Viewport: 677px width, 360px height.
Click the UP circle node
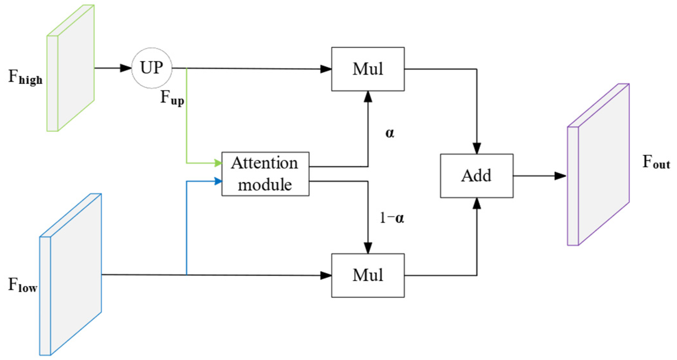[152, 68]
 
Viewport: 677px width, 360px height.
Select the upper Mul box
[368, 69]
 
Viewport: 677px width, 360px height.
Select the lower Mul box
[368, 275]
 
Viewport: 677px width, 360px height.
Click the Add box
[477, 176]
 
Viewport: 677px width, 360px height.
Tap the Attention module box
[265, 174]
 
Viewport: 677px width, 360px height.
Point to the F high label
[25, 77]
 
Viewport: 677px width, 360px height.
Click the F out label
[656, 162]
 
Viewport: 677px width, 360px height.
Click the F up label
[172, 98]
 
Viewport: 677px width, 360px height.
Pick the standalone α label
[389, 133]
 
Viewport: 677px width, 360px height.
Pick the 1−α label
[392, 218]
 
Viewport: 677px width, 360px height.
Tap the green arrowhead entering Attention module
[218, 163]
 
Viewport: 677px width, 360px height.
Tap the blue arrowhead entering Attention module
[218, 181]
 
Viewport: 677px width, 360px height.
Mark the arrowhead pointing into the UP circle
[126, 68]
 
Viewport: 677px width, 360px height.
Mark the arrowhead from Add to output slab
[560, 176]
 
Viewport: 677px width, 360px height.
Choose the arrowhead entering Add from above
[477, 148]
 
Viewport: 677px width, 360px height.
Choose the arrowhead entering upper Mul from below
[368, 97]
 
